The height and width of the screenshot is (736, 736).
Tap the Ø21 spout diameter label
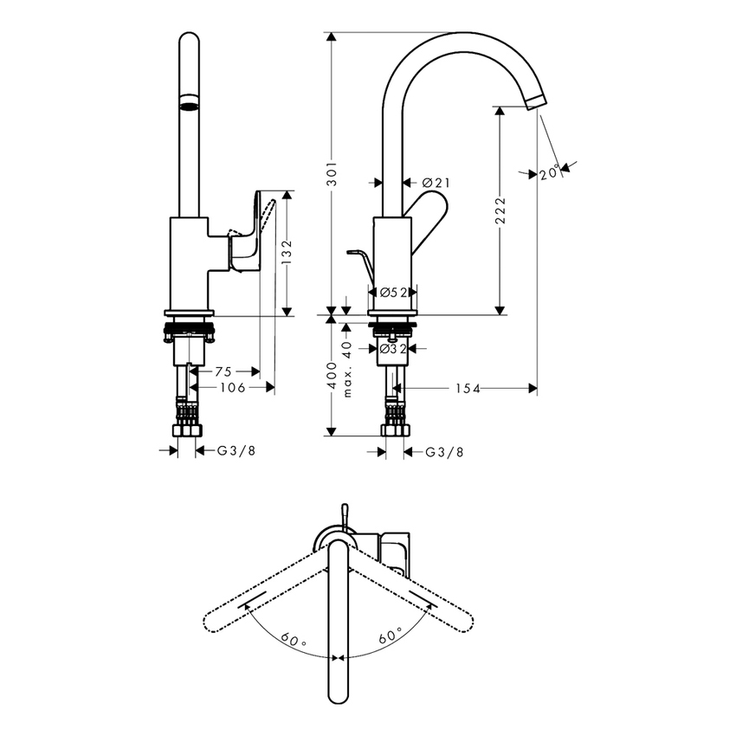click(x=436, y=183)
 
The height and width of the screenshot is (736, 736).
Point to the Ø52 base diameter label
click(x=393, y=293)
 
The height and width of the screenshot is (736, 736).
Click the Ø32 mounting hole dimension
click(x=393, y=349)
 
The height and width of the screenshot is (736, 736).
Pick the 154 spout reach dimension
click(x=468, y=389)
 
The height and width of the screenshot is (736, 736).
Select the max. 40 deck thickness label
click(x=347, y=368)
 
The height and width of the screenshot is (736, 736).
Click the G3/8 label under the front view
click(x=236, y=450)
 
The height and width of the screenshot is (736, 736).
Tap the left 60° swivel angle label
click(x=292, y=641)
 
